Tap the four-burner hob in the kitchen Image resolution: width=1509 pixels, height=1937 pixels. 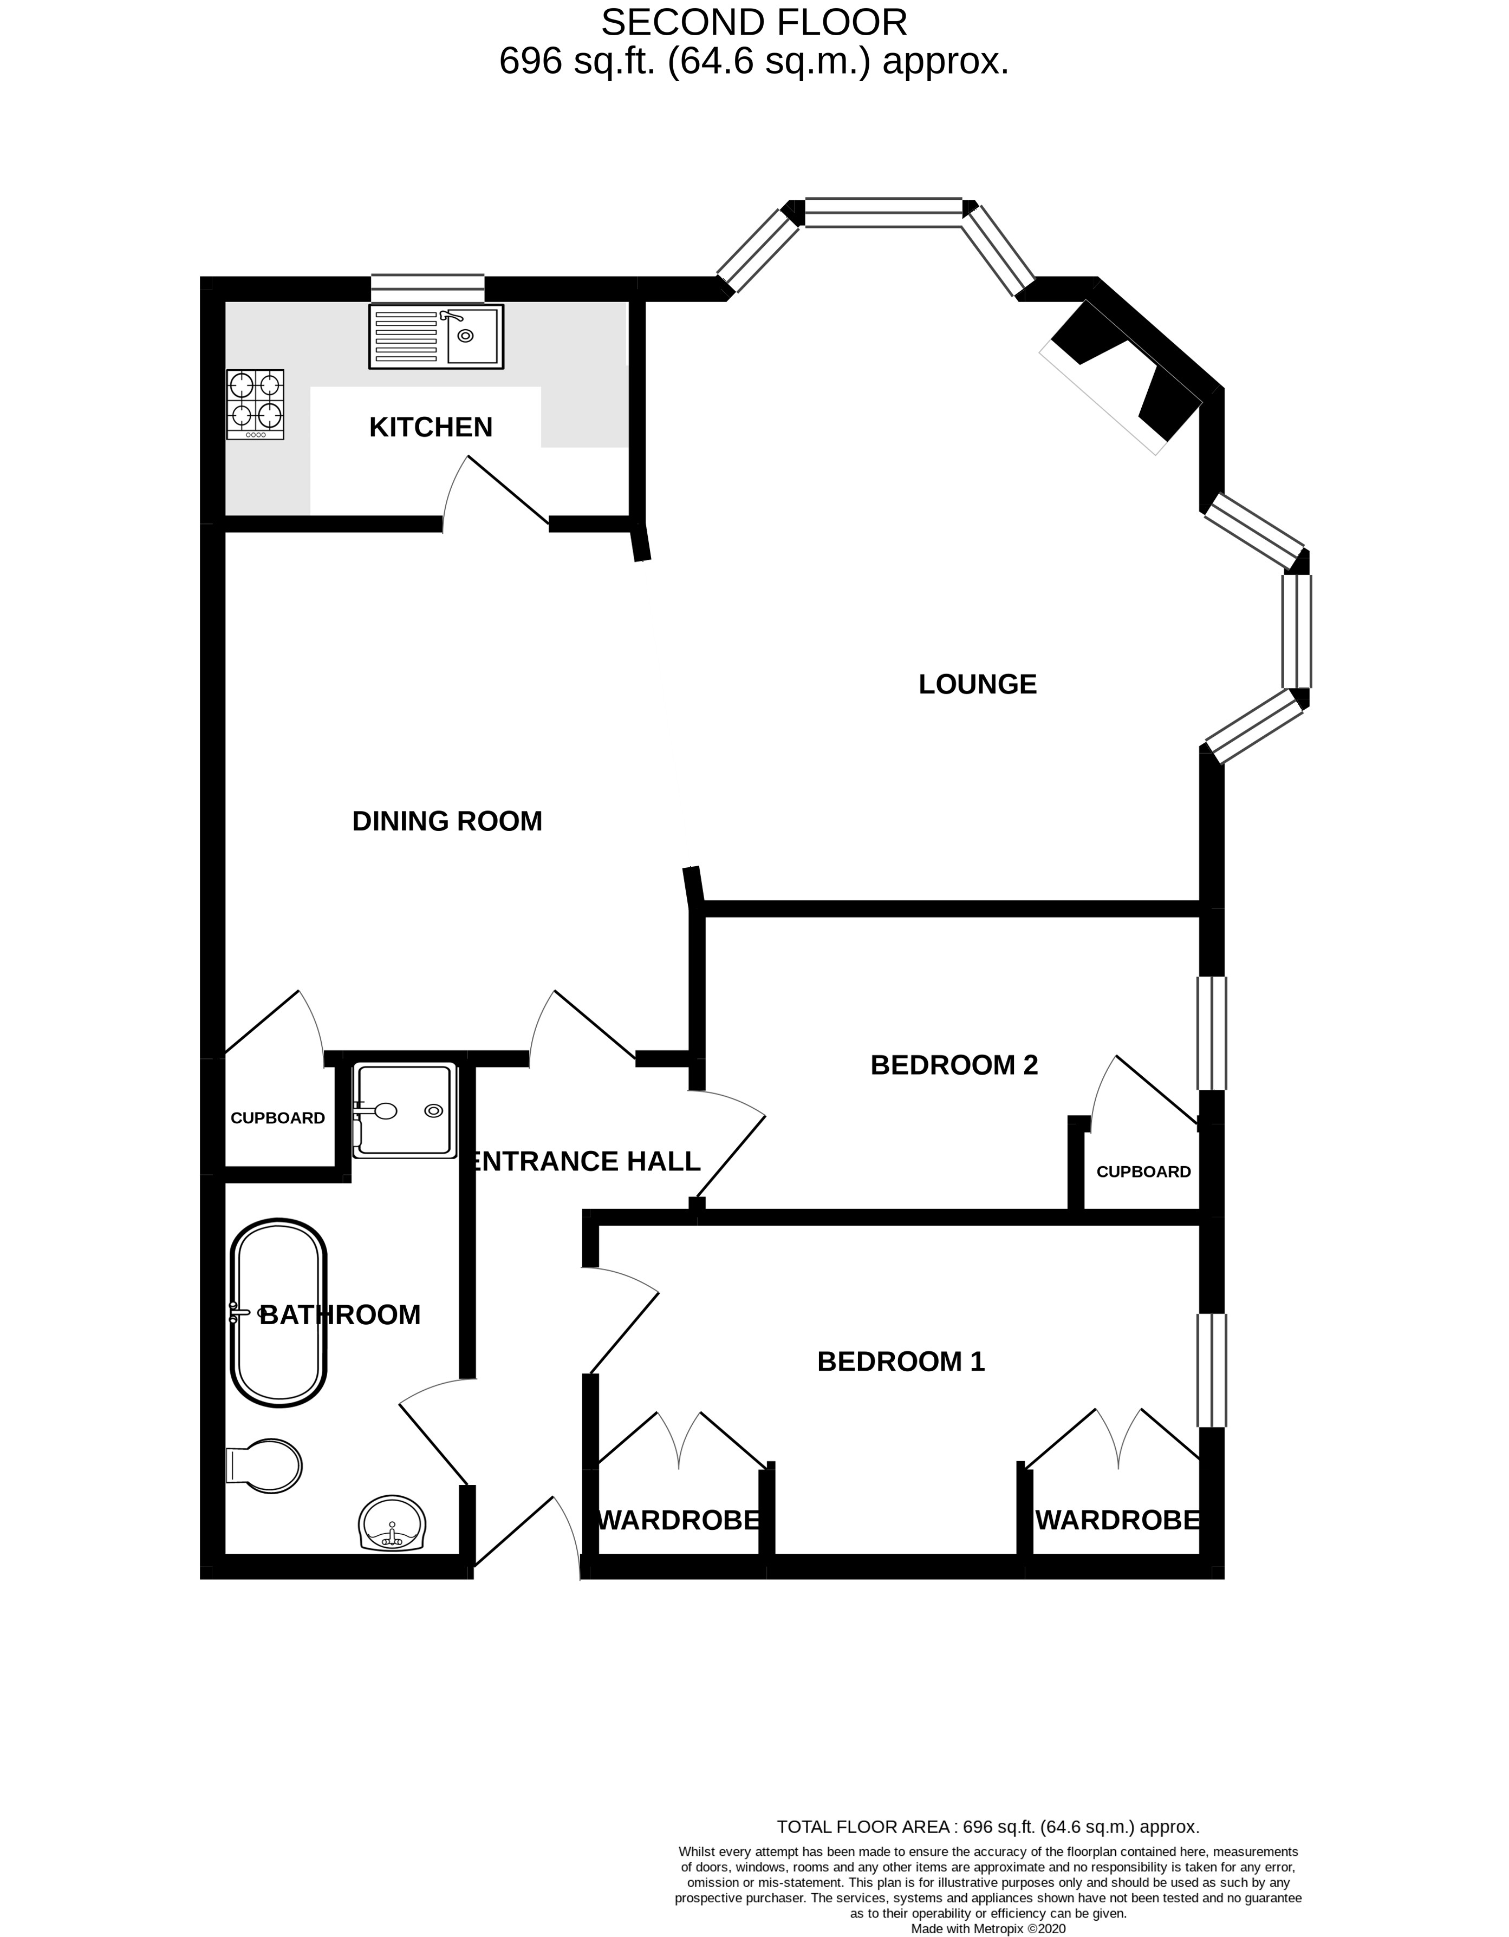click(256, 404)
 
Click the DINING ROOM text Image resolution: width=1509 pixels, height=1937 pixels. click(447, 821)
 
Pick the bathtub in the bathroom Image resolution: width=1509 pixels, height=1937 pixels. click(278, 1313)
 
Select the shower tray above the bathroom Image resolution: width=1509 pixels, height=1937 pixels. click(405, 1111)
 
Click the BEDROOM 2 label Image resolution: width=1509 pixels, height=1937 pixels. click(954, 1064)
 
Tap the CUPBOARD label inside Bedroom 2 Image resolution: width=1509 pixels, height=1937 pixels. click(1143, 1172)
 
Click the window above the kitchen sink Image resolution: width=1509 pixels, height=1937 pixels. click(427, 289)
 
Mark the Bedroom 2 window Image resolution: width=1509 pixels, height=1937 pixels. click(1212, 1033)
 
